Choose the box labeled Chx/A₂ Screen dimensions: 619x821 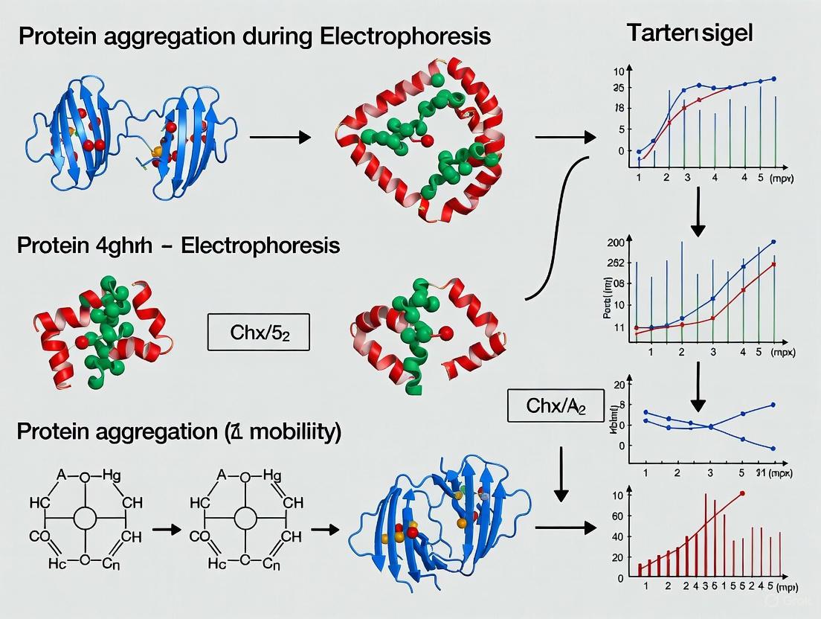tap(555, 406)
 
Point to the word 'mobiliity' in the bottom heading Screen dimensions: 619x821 tap(292, 433)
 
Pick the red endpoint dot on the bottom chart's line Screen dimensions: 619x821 tap(741, 494)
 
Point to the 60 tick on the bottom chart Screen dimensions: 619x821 tap(616, 516)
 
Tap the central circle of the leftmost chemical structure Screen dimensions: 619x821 tap(86, 518)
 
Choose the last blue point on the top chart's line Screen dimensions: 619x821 tap(774, 79)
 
